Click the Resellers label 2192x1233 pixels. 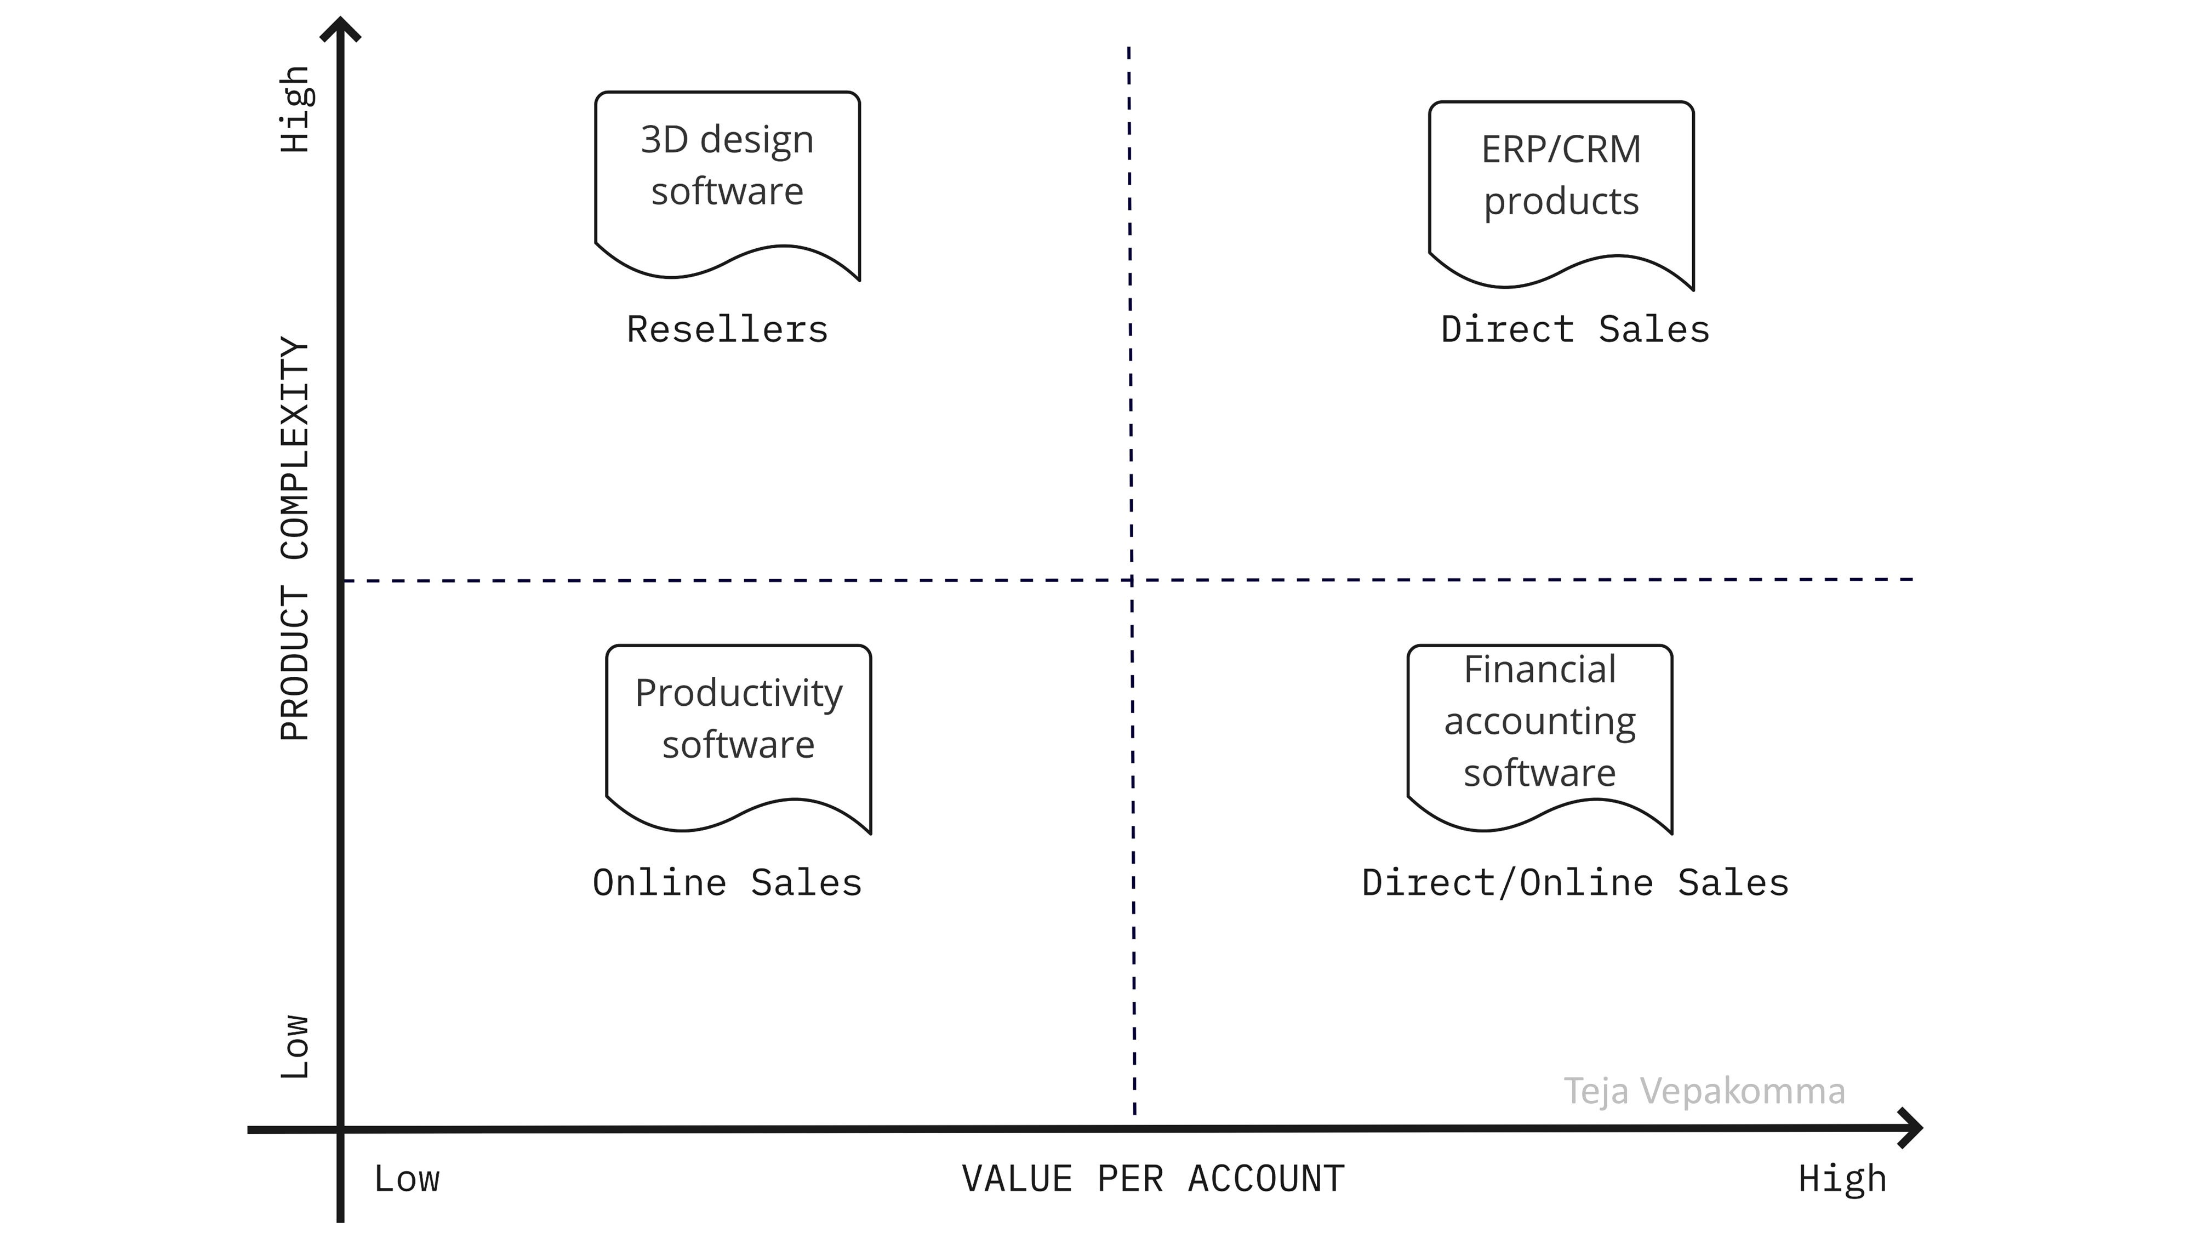tap(727, 329)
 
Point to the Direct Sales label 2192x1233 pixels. tap(1574, 329)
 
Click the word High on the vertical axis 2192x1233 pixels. tap(294, 109)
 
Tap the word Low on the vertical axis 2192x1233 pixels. tap(294, 1047)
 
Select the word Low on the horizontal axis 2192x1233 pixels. tap(407, 1179)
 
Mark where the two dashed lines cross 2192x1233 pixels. tap(1132, 580)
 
